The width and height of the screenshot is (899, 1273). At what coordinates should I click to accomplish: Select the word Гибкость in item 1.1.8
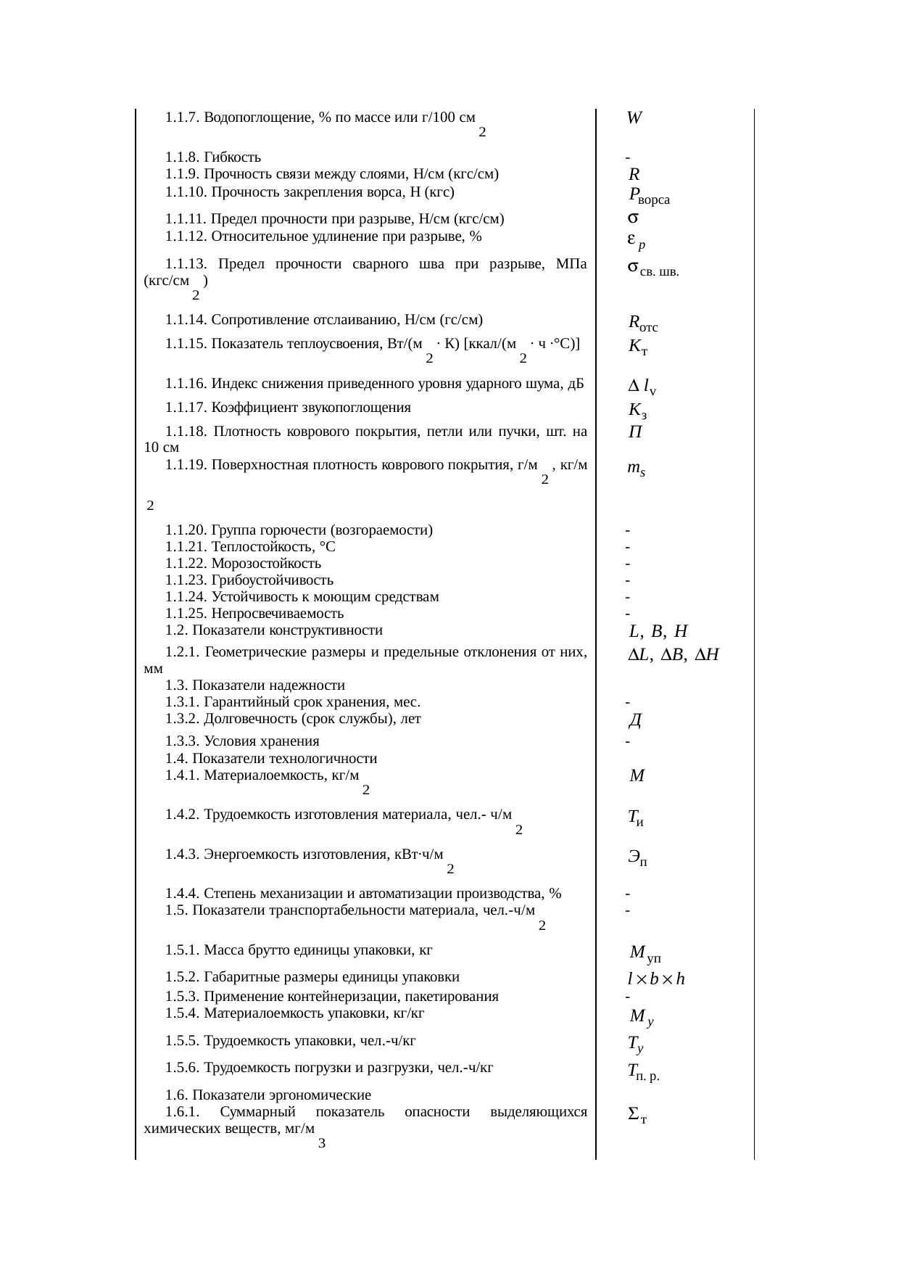click(x=232, y=157)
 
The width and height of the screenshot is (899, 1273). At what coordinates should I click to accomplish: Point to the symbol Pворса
click(x=649, y=196)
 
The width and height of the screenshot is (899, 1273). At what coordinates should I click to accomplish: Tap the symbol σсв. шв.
click(x=652, y=271)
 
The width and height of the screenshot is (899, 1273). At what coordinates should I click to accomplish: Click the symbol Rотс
click(x=643, y=323)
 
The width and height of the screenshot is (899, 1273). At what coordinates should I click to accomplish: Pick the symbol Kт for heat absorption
click(x=637, y=347)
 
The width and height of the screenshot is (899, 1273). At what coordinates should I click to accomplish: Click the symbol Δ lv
click(x=642, y=388)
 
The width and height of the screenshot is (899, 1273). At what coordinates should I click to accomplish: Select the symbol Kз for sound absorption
click(x=637, y=411)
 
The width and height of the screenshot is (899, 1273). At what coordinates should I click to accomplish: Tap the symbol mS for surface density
click(x=637, y=469)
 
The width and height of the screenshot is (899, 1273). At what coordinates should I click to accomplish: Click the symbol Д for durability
click(x=636, y=721)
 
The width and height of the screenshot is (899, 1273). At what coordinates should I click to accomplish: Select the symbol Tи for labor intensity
click(x=636, y=819)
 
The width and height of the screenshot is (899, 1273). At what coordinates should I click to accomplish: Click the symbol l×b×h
click(x=656, y=979)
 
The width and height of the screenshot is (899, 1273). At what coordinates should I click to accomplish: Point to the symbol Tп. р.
click(x=644, y=1072)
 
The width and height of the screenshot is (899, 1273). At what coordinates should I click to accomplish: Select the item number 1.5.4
click(x=183, y=1013)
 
